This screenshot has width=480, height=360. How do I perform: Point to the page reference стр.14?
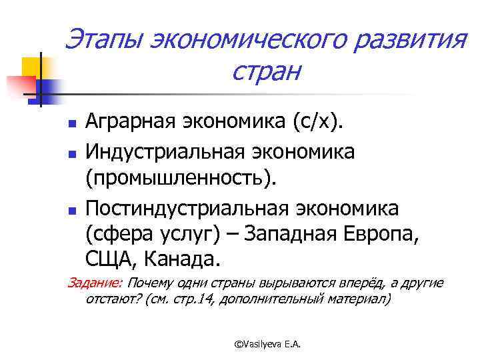click(x=199, y=299)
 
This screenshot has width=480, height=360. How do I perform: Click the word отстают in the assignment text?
click(x=109, y=299)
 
